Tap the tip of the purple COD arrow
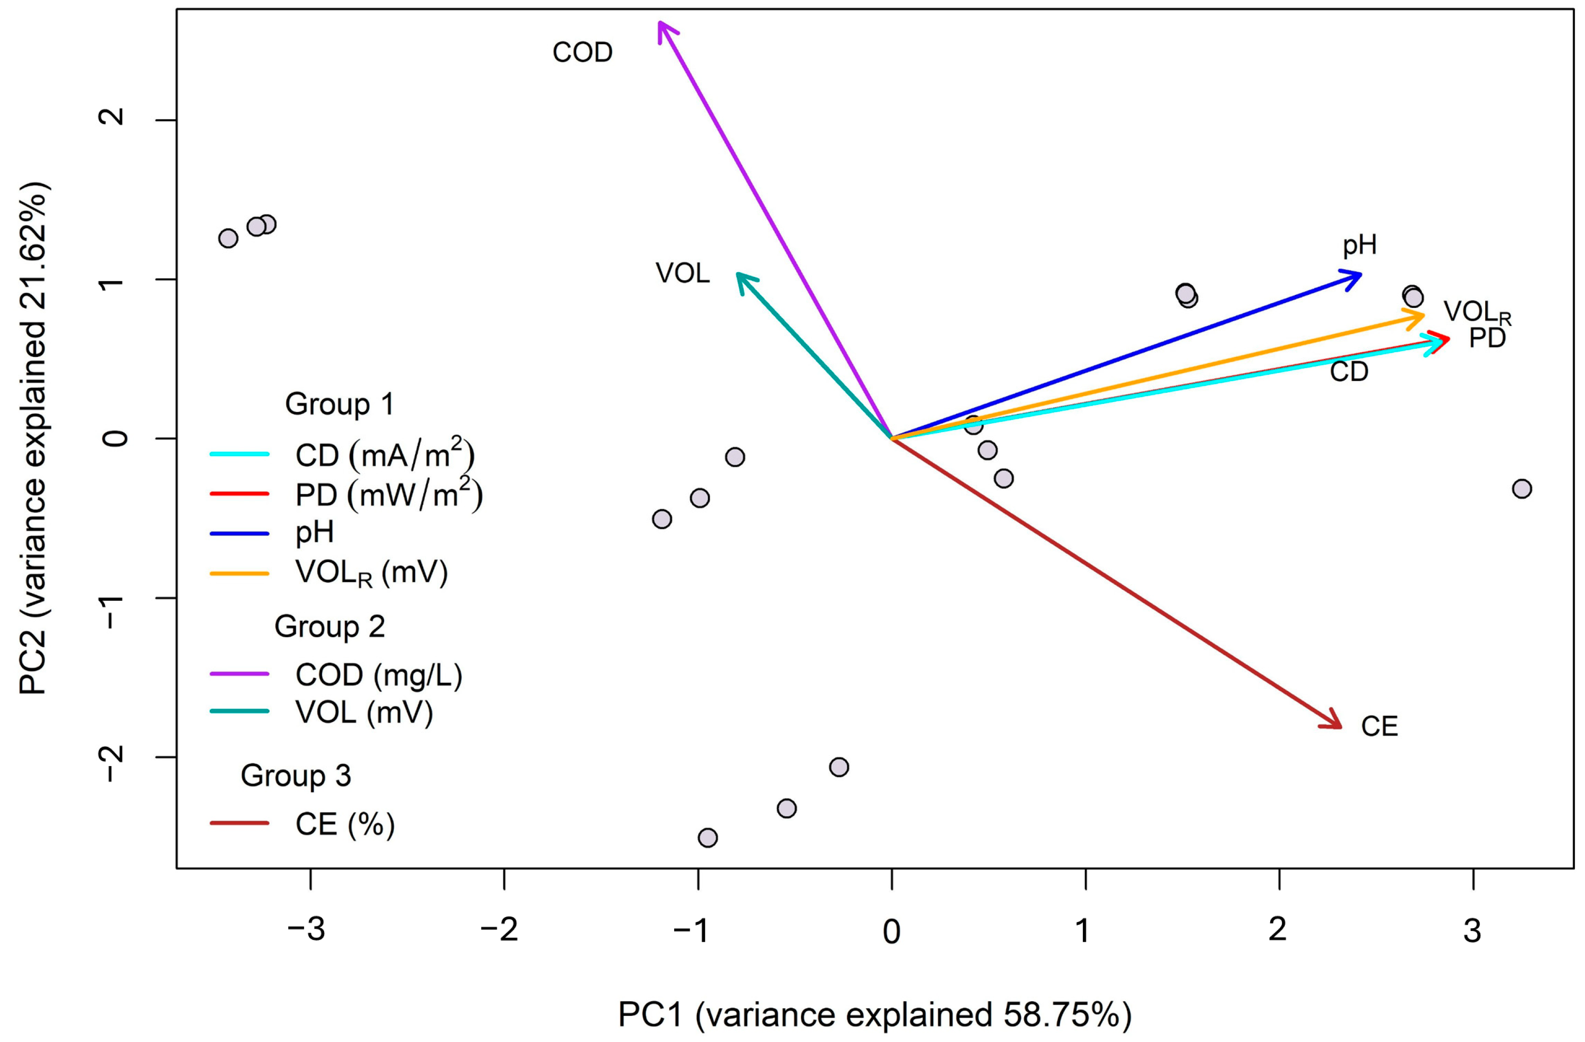coord(659,22)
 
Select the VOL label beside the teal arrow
coord(683,273)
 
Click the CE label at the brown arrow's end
coord(1379,726)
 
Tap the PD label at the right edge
coord(1487,338)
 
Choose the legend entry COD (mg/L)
coord(379,675)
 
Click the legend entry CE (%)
coord(345,824)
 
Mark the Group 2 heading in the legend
coord(330,627)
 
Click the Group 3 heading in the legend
coord(296,776)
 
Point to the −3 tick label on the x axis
coord(307,930)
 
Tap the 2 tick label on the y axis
coord(112,117)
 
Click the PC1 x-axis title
coord(875,1015)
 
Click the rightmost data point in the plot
coord(1522,489)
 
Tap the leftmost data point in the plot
coord(229,238)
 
